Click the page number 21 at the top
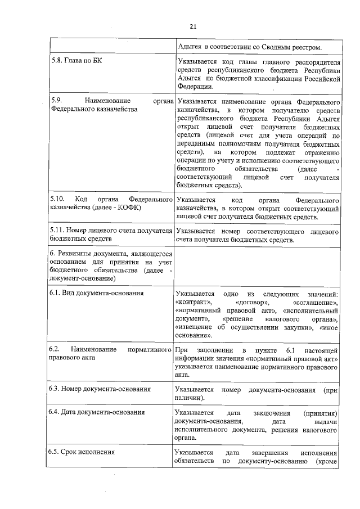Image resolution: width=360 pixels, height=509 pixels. coord(192,26)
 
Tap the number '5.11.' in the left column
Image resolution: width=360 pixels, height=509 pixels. coord(57,231)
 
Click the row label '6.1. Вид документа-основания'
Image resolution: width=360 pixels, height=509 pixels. coord(96,293)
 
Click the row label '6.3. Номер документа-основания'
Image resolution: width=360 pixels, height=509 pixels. coord(100,389)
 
